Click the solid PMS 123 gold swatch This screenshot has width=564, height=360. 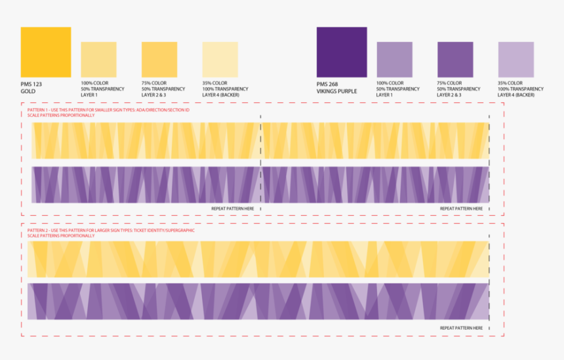pyautogui.click(x=45, y=52)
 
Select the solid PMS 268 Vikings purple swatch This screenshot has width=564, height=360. pyautogui.click(x=341, y=52)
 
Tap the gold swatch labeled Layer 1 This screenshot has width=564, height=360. pyautogui.click(x=98, y=60)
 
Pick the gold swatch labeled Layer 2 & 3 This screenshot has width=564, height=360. pyautogui.click(x=159, y=60)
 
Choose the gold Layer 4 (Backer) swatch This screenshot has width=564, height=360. pyautogui.click(x=220, y=60)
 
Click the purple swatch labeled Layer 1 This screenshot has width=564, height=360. pyautogui.click(x=394, y=60)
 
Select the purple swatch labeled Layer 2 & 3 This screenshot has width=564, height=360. pyautogui.click(x=454, y=60)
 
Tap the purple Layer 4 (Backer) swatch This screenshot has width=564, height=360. pyautogui.click(x=515, y=60)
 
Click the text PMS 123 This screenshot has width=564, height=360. pyautogui.click(x=31, y=85)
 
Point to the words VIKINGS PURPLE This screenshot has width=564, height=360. pyautogui.click(x=336, y=91)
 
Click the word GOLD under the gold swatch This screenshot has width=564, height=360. pyautogui.click(x=28, y=91)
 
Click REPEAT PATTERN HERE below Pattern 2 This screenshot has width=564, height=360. pyautogui.click(x=462, y=327)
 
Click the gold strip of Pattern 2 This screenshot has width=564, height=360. pyautogui.click(x=259, y=259)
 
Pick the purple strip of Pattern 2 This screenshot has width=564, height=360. pyautogui.click(x=259, y=301)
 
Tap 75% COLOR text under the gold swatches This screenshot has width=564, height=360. pyautogui.click(x=154, y=83)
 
